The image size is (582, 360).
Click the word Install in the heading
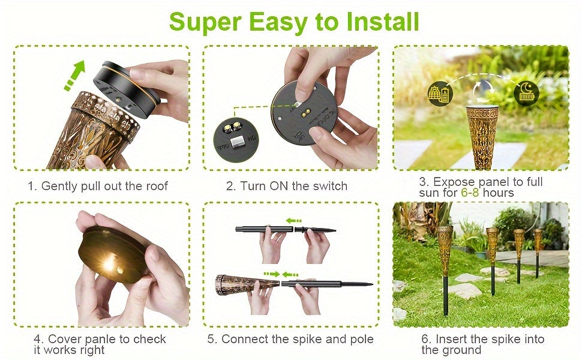382,22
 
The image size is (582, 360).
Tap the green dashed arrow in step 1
75,76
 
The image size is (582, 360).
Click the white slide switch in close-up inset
236,142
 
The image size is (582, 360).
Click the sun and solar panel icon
440,93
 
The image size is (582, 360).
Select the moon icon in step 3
526,93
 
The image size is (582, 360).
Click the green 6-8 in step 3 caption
470,193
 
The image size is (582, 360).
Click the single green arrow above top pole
293,221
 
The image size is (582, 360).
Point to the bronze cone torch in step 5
247,284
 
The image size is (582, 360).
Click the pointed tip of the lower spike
372,284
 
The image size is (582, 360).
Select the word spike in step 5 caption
307,339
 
